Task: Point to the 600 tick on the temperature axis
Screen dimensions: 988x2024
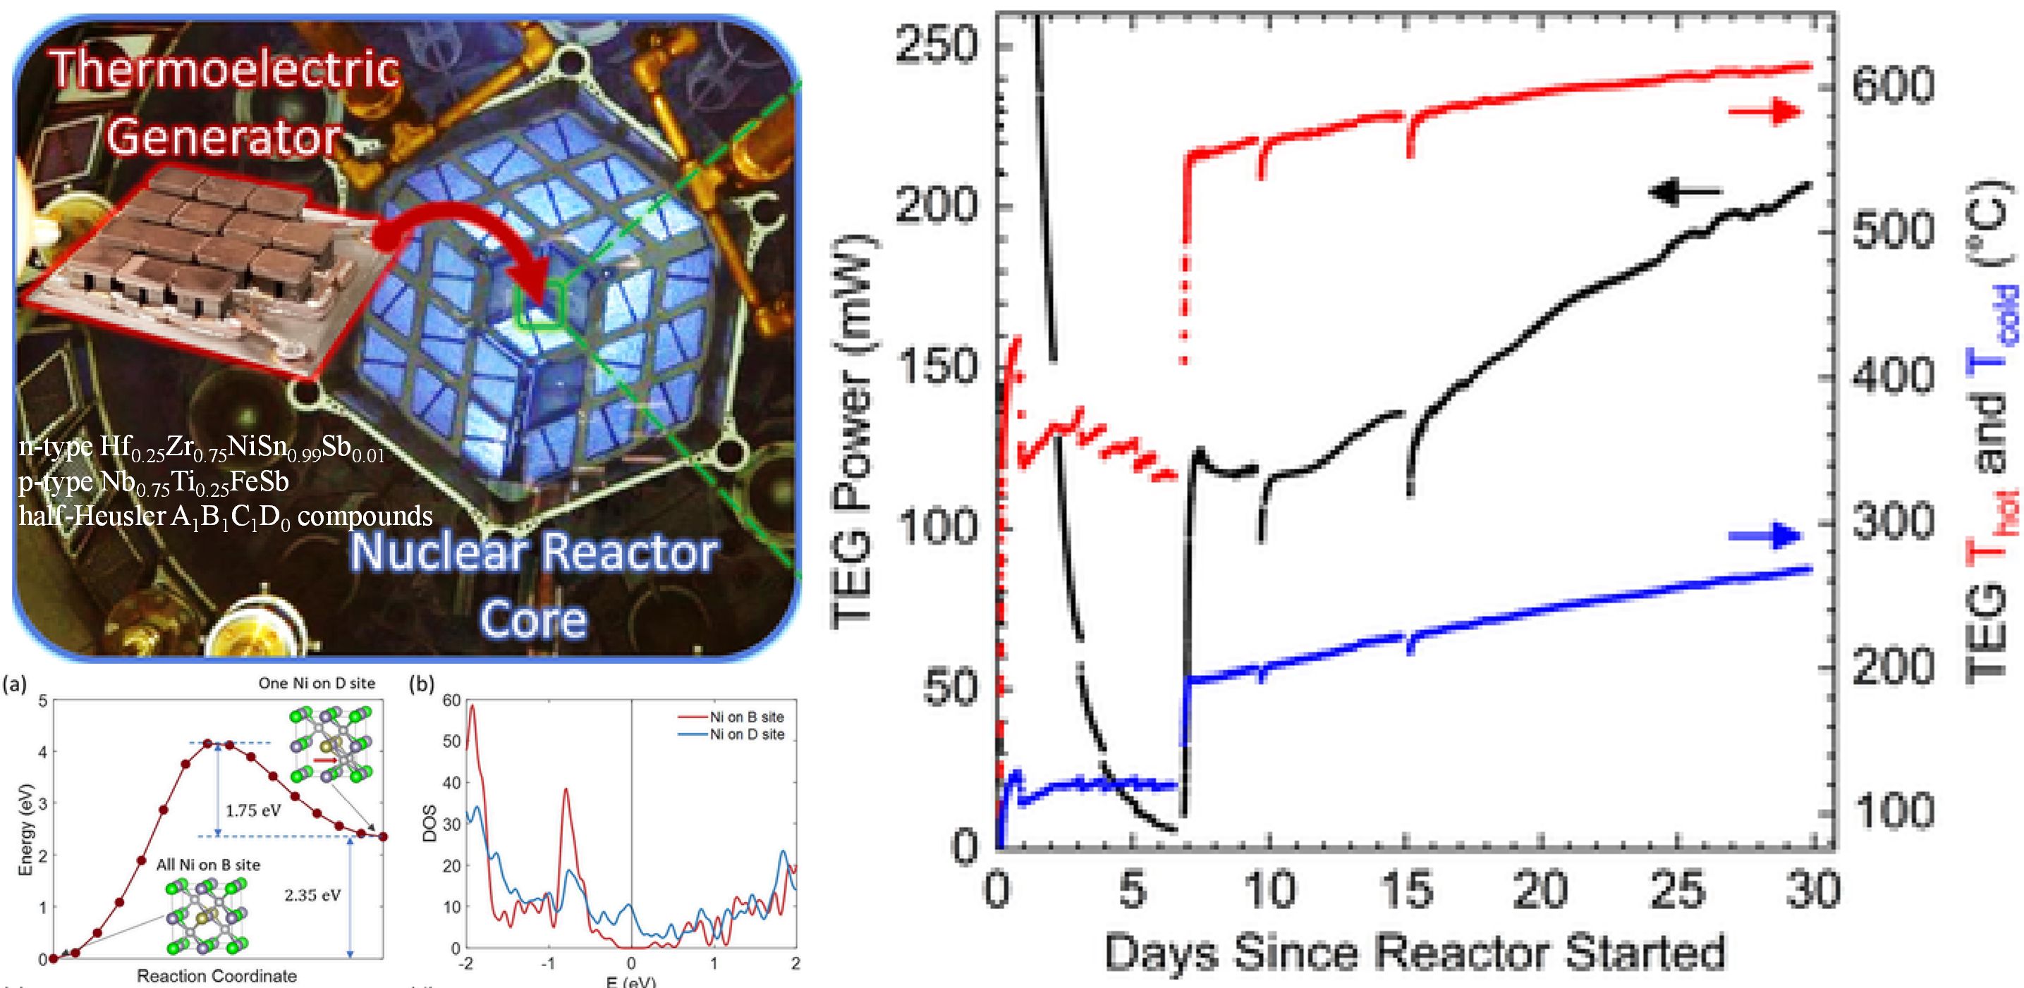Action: (x=1894, y=84)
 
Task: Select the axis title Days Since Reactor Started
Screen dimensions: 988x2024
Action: (x=1414, y=953)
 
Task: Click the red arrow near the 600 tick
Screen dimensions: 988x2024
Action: (x=1764, y=112)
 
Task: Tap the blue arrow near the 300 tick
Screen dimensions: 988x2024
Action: (x=1764, y=537)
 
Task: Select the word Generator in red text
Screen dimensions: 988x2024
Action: (x=223, y=136)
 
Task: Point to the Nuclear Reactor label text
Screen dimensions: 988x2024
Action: (x=535, y=552)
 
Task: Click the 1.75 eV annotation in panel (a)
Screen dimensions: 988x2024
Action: (x=253, y=810)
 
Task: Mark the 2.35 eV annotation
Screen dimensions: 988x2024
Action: (x=312, y=894)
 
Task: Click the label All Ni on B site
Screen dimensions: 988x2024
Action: (x=208, y=865)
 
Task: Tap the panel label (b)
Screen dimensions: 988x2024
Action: (x=422, y=684)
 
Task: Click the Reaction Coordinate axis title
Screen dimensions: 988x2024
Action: (x=217, y=976)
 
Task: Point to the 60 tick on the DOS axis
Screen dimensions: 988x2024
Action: (x=451, y=700)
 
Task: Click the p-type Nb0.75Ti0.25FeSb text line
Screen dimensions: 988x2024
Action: (x=154, y=481)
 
